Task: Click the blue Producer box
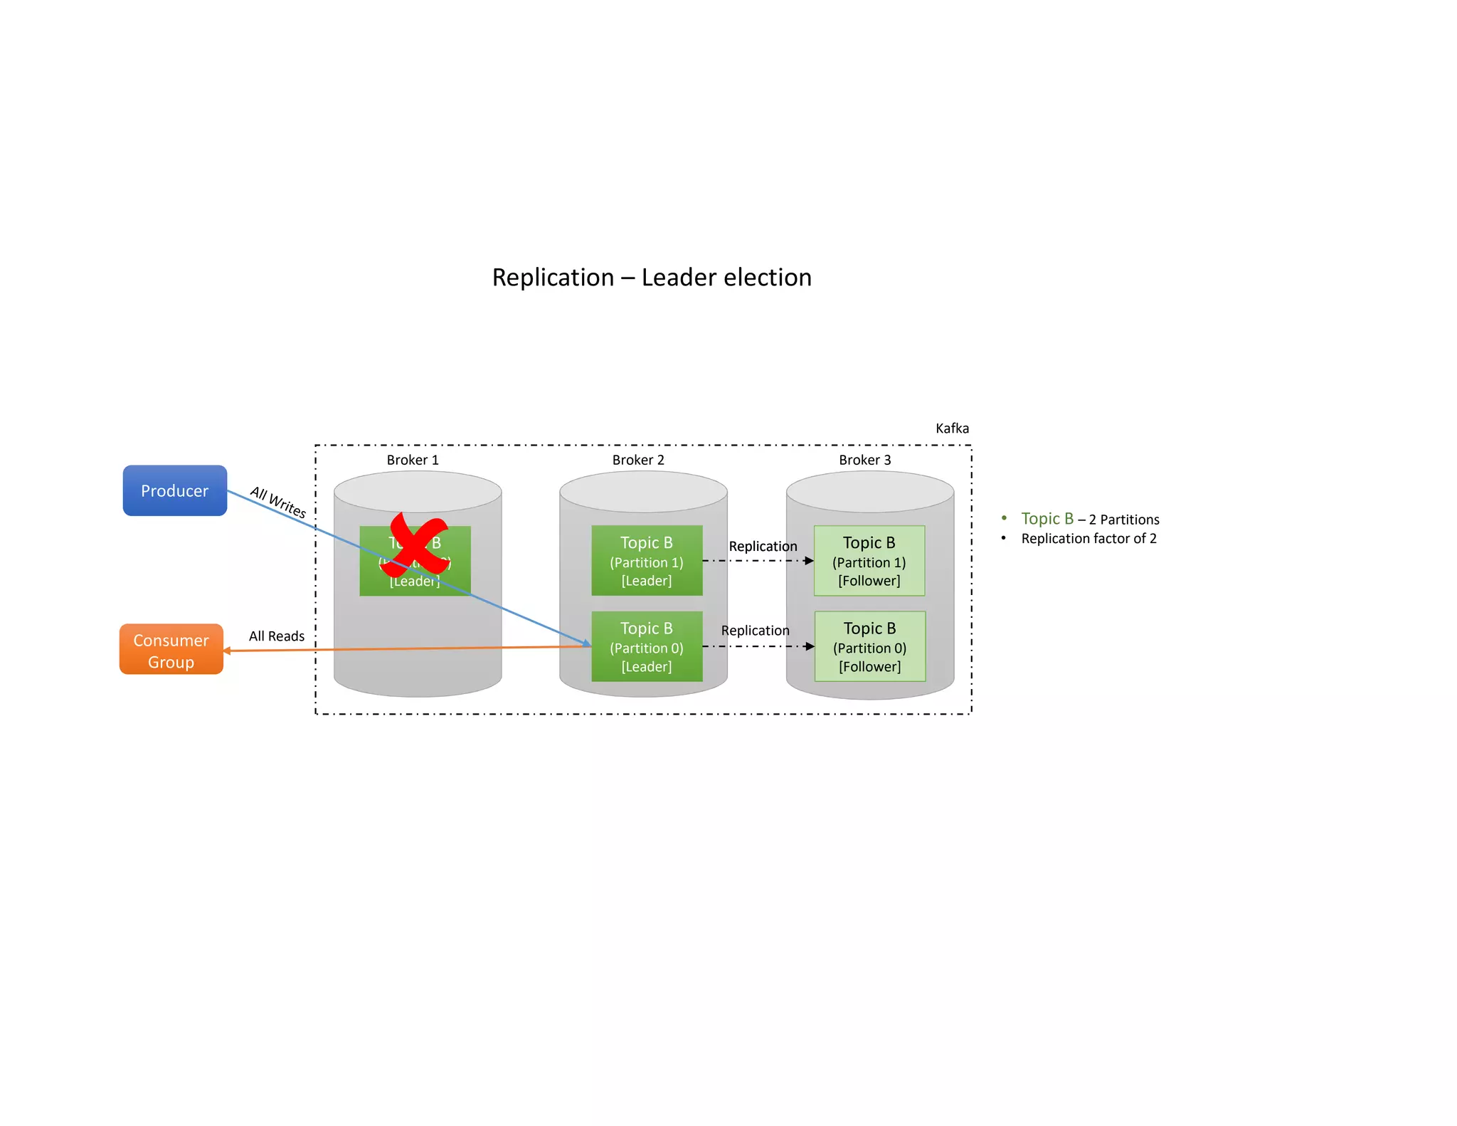tap(174, 490)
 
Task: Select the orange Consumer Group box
tap(171, 649)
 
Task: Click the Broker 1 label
tap(413, 460)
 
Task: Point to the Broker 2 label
tap(638, 460)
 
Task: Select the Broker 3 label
tap(864, 460)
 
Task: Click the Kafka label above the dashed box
tap(952, 428)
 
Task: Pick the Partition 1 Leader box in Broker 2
tap(647, 561)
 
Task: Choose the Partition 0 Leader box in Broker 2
tap(647, 646)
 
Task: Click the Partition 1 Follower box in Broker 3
tap(869, 561)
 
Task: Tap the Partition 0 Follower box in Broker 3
tap(869, 646)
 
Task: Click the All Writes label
tap(277, 502)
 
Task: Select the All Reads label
tap(276, 636)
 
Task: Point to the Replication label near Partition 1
tap(763, 547)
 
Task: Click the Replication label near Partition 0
tap(755, 631)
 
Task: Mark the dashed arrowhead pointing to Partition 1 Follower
tap(809, 561)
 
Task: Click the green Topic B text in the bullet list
tap(1047, 519)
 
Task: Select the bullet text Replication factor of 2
tap(1088, 539)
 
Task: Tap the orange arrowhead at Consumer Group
tap(227, 651)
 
